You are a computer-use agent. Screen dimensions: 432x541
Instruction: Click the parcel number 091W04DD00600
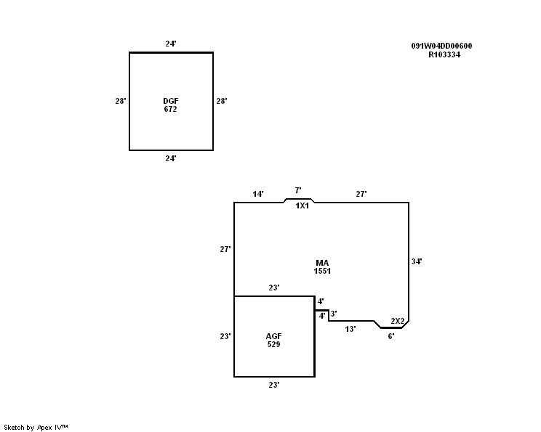(x=441, y=46)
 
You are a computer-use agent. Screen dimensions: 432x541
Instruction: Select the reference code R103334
(x=444, y=54)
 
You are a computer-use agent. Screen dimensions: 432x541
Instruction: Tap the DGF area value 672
(x=171, y=109)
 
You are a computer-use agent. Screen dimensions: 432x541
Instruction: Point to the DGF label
(x=171, y=101)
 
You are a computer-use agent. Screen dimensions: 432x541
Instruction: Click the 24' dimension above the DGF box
(x=171, y=44)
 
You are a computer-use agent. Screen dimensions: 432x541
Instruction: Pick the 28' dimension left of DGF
(x=121, y=102)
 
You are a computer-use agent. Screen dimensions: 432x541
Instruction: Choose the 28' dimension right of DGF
(x=222, y=102)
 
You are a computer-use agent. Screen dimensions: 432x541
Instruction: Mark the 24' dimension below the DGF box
(x=171, y=158)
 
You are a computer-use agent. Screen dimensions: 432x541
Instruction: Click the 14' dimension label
(x=258, y=195)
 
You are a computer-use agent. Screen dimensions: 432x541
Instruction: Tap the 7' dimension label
(x=298, y=190)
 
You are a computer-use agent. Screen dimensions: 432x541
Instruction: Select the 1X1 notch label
(x=302, y=206)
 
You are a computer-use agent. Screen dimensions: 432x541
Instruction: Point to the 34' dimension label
(x=417, y=261)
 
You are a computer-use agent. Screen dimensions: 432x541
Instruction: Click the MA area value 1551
(x=322, y=271)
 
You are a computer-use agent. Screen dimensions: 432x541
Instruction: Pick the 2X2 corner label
(x=397, y=321)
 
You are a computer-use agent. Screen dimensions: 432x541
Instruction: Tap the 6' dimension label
(x=391, y=336)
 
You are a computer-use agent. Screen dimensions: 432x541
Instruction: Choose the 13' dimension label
(x=350, y=329)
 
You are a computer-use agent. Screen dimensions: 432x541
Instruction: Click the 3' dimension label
(x=333, y=314)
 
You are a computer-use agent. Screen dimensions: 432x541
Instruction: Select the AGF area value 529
(x=273, y=344)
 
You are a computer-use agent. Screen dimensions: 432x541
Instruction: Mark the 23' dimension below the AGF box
(x=274, y=385)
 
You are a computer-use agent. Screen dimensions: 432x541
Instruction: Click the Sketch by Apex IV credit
(x=36, y=427)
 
